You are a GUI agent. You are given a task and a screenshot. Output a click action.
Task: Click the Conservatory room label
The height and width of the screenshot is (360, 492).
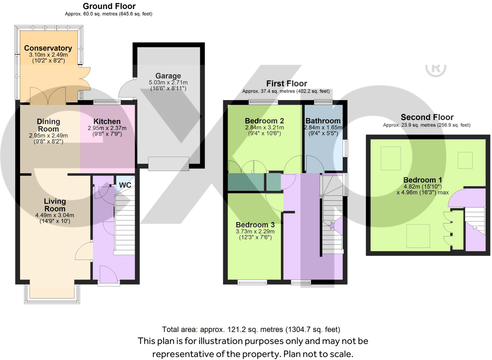[x=48, y=48]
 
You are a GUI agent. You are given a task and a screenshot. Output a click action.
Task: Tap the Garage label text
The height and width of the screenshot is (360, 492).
[x=168, y=76]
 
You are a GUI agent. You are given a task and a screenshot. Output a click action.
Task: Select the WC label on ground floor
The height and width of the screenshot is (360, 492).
[x=125, y=185]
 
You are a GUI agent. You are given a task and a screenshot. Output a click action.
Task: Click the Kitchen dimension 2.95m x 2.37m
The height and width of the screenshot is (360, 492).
[x=107, y=128]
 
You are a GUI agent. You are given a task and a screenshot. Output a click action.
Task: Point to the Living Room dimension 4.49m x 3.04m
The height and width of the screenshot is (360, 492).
[x=54, y=215]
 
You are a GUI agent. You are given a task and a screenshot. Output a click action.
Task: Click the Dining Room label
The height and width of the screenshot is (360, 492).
[x=48, y=125]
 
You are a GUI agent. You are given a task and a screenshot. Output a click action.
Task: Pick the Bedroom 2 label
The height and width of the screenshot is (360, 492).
[x=264, y=121]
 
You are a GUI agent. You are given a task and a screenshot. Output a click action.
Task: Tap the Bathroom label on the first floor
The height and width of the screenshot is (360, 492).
[x=323, y=121]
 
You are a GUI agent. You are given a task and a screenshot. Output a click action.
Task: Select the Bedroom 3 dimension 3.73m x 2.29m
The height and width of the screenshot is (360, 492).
[x=255, y=231]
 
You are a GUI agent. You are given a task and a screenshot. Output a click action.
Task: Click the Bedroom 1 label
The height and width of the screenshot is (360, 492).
[x=422, y=180]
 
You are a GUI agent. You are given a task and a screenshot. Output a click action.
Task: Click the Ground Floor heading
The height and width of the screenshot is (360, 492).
[x=109, y=6]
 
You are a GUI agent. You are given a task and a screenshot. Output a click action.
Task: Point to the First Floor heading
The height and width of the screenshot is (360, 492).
[x=286, y=83]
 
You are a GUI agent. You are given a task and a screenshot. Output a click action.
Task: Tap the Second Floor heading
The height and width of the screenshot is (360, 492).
[x=427, y=117]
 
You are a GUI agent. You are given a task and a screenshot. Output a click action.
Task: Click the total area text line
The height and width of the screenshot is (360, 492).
[x=251, y=329]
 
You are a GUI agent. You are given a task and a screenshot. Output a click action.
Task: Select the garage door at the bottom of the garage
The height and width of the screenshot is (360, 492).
[x=168, y=163]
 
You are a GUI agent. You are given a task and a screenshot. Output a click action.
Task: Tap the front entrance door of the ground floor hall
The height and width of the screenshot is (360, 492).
[x=108, y=275]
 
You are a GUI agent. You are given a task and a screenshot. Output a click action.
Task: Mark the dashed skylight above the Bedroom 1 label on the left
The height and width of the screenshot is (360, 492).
[x=391, y=158]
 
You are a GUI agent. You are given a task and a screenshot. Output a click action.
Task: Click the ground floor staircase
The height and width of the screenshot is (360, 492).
[x=125, y=225]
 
